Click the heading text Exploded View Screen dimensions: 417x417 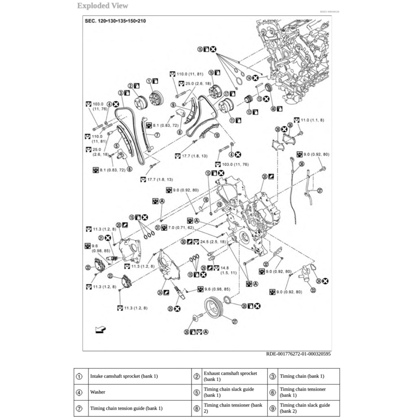click(103, 6)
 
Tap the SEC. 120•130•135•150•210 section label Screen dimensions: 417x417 click(115, 21)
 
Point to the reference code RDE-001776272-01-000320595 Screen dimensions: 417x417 click(298, 354)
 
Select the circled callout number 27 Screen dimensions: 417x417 click(235, 322)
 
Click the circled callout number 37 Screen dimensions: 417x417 click(319, 190)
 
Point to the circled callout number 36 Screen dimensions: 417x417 click(301, 164)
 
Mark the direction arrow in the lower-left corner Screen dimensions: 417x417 click(100, 329)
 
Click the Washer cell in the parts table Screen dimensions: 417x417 click(98, 392)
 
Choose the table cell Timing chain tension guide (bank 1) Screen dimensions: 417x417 click(126, 408)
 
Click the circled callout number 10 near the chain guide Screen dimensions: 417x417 click(217, 135)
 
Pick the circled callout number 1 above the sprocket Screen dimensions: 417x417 click(149, 81)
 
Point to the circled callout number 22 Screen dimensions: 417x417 click(88, 268)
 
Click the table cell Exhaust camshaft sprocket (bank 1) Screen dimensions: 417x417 click(230, 376)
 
